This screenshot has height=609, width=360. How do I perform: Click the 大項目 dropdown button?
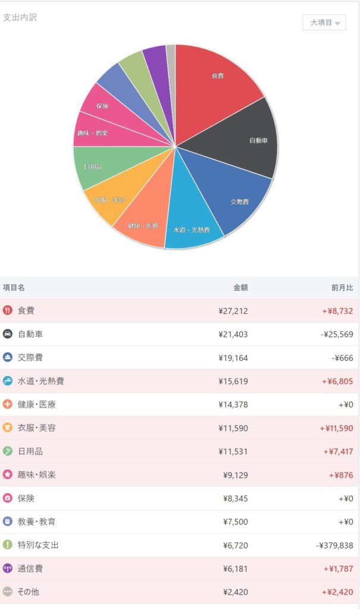[x=324, y=23]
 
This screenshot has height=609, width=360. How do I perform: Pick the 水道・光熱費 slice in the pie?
[x=192, y=226]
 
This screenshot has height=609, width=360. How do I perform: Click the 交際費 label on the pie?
[x=239, y=202]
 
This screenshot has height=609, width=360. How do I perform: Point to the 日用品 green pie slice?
[x=95, y=167]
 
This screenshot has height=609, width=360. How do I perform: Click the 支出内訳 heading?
[x=20, y=17]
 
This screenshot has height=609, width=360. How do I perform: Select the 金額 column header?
[x=240, y=288]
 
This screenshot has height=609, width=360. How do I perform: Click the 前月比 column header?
[x=342, y=288]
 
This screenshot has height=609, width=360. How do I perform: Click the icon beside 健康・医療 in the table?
[x=8, y=404]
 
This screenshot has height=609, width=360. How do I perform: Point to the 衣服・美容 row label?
[x=36, y=428]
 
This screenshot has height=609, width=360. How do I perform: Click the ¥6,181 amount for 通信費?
[x=234, y=569]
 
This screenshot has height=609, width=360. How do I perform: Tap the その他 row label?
[x=28, y=592]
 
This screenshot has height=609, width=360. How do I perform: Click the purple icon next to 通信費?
[x=8, y=569]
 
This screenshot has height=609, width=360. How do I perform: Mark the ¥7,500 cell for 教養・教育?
[x=234, y=522]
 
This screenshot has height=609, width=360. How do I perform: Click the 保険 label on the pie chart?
[x=102, y=106]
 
